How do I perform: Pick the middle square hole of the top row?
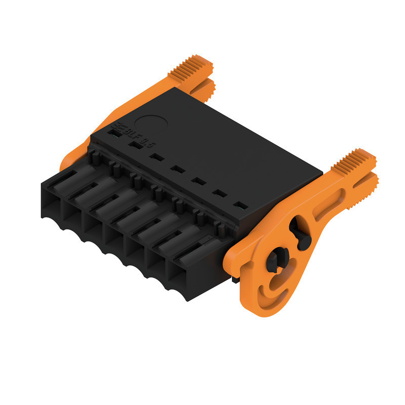pos(176,169)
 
